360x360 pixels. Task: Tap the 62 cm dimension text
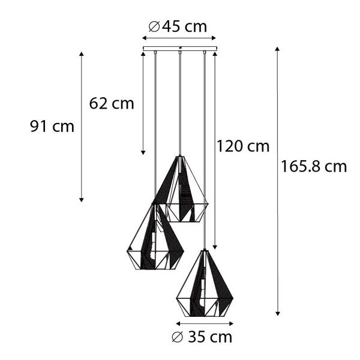pos(112,103)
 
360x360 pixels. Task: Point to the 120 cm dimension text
pos(243,146)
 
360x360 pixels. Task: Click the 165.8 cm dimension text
pos(314,167)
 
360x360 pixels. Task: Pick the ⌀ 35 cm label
pos(202,337)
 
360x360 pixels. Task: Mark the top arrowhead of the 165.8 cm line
pos(277,48)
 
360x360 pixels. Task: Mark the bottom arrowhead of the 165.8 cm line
pos(277,313)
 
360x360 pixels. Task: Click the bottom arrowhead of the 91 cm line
pos(82,200)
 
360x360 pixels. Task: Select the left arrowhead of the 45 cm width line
pos(144,38)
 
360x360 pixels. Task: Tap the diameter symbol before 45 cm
pos(153,26)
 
